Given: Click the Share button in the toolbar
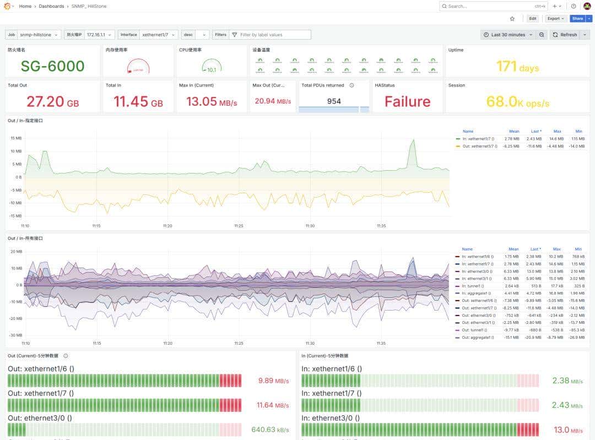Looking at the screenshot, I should [577, 18].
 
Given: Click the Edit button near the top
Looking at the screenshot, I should [532, 18].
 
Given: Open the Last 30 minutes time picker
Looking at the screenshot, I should [508, 35].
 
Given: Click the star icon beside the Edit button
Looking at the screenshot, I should [512, 18].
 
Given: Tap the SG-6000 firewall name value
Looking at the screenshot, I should [52, 66].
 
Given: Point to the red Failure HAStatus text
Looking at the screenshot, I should [407, 101].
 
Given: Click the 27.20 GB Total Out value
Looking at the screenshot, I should [52, 102].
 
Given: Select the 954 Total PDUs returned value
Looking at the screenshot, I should [334, 101].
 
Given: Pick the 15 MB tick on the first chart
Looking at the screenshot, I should [15, 138].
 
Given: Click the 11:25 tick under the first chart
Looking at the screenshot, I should [239, 226].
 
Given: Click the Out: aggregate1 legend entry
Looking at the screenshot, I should [477, 337].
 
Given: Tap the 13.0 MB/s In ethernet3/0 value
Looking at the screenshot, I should [567, 430].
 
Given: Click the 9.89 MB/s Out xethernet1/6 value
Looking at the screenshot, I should [274, 381].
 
